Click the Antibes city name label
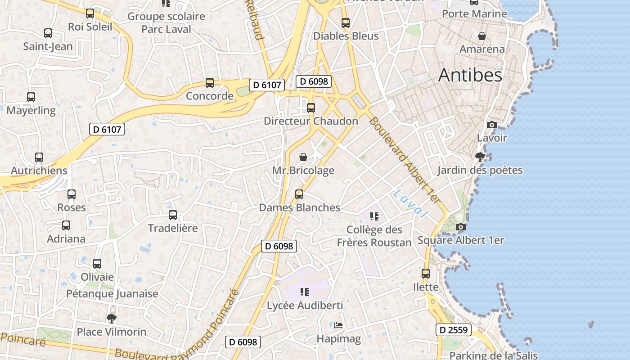[x=470, y=75]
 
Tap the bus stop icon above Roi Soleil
[x=90, y=13]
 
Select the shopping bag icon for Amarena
[x=482, y=36]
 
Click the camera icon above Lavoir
[x=492, y=125]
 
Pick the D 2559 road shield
[x=454, y=330]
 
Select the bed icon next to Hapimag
[x=338, y=325]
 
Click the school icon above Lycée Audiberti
[x=305, y=292]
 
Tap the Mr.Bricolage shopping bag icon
[x=303, y=157]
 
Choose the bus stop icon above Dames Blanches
[x=299, y=194]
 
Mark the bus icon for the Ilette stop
[x=426, y=274]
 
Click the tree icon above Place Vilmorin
[x=112, y=319]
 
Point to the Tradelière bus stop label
[x=173, y=228]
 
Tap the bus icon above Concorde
[x=210, y=83]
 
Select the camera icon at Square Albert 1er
[x=460, y=227]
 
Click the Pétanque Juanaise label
[x=112, y=294]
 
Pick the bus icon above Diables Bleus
[x=346, y=23]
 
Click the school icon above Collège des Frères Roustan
[x=374, y=216]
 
